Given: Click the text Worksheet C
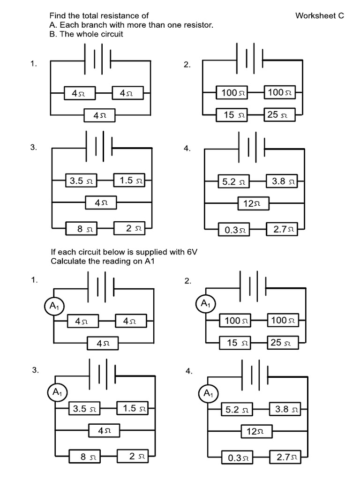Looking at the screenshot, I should (319, 16).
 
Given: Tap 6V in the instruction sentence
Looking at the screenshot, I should (192, 252).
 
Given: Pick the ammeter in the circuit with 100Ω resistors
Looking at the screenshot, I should (205, 304).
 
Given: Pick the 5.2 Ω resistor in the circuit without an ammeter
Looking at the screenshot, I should (233, 181).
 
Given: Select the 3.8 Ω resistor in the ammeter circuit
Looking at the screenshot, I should (285, 409).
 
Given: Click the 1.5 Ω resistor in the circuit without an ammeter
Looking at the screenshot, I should (130, 180).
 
